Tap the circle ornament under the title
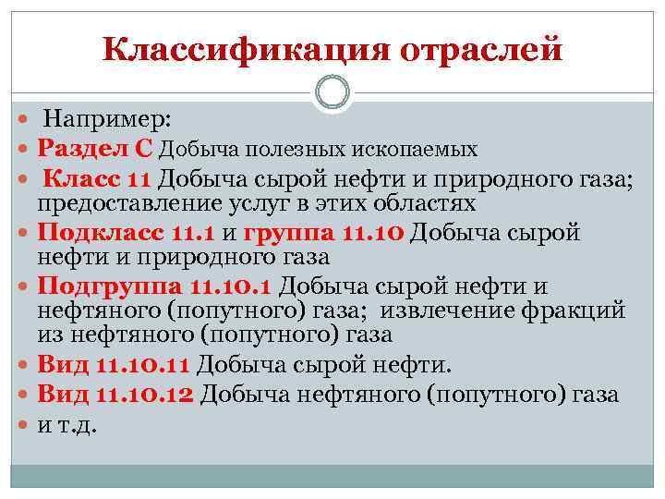point(332,94)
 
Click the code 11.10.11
point(146,365)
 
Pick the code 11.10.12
point(147,395)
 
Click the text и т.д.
point(67,425)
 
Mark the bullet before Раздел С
point(25,148)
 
